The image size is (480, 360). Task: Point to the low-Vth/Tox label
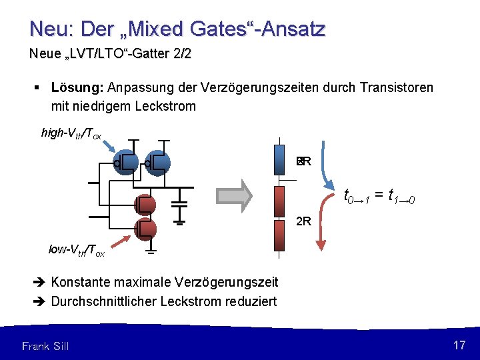(77, 250)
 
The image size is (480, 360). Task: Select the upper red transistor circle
(145, 205)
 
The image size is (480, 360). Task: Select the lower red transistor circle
(145, 229)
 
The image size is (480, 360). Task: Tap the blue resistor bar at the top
(280, 161)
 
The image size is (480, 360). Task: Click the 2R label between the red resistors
(303, 221)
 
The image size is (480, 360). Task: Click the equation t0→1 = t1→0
(380, 196)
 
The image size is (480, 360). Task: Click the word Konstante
(85, 283)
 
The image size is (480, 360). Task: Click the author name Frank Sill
(45, 345)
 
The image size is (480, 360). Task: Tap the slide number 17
(459, 345)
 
